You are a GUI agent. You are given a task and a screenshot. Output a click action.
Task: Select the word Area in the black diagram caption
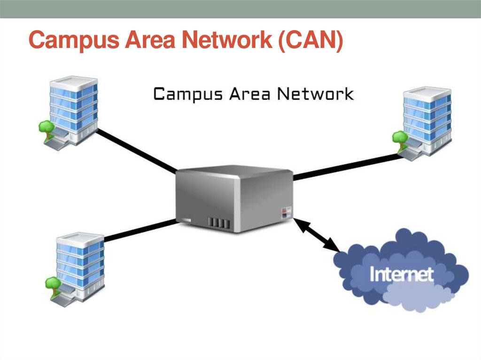coord(250,94)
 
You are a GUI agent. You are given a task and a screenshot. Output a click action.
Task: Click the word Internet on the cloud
coord(401,274)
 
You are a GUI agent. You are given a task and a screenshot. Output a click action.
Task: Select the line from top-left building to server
coord(136,151)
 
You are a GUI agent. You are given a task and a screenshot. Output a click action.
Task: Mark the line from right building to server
coord(348,166)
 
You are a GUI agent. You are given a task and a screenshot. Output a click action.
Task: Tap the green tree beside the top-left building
coord(46,127)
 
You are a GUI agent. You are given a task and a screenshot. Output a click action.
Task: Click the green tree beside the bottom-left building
coord(52,283)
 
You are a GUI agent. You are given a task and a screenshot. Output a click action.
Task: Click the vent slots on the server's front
coord(218,221)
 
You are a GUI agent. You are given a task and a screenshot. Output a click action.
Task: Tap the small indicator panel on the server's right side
coord(286,212)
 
